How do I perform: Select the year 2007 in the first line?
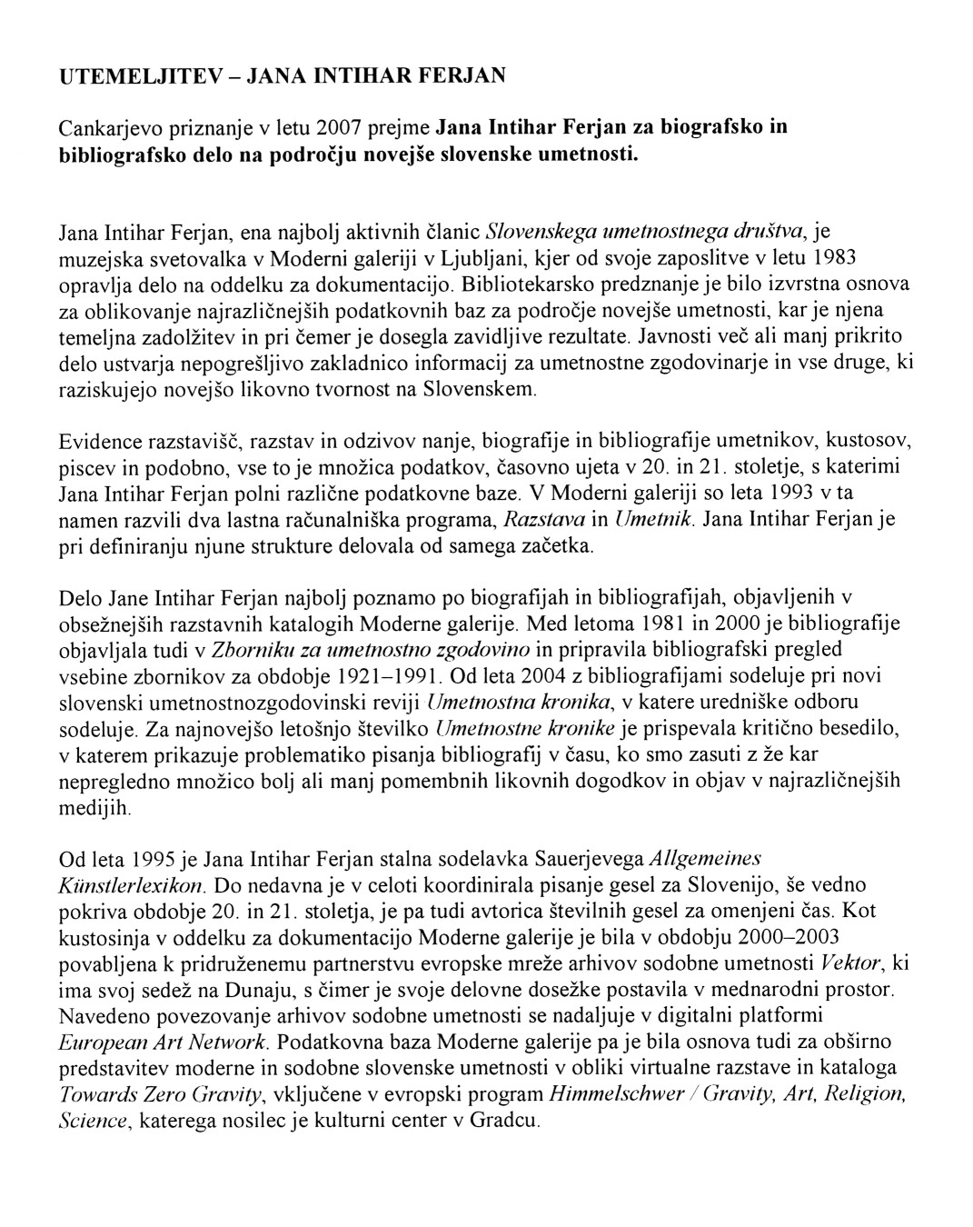tap(319, 126)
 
